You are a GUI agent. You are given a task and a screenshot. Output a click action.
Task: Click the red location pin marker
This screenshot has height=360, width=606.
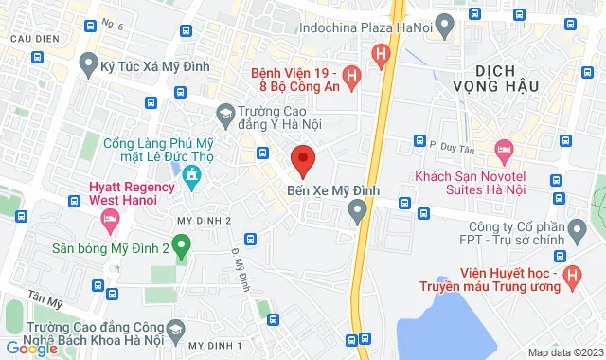(302, 160)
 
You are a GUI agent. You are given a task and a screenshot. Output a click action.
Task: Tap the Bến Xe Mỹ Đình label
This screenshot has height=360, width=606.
(332, 190)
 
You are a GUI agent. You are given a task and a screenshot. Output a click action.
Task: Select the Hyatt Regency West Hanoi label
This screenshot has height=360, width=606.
(132, 193)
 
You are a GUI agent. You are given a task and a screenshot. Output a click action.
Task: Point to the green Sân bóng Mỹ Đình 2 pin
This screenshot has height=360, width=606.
(184, 248)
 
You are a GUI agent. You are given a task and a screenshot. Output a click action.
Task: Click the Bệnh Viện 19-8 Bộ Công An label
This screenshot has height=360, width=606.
(294, 81)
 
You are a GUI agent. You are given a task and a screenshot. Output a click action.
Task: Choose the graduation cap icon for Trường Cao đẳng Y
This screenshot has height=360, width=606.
(224, 116)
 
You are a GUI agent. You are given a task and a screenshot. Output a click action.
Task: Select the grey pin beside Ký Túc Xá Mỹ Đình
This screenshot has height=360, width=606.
(89, 65)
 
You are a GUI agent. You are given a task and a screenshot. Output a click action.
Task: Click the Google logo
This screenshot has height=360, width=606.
(31, 349)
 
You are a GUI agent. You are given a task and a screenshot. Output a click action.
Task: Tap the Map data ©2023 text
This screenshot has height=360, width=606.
(564, 352)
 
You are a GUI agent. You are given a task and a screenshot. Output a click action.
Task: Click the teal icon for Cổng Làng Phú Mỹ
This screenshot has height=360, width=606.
(190, 175)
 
